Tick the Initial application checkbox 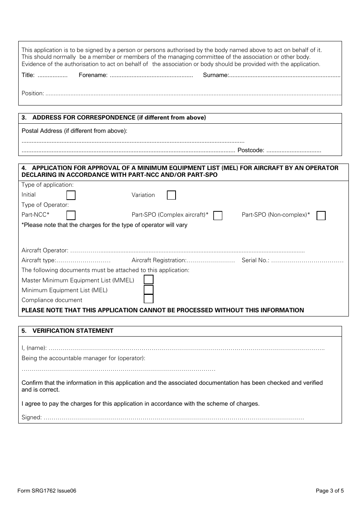(71, 195)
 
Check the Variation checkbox (171, 195)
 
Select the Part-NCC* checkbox (71, 216)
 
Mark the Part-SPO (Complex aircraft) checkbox (218, 216)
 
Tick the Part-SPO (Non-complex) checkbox (321, 216)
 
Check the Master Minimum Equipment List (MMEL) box (149, 280)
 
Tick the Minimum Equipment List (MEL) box (149, 290)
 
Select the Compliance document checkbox (149, 299)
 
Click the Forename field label (93, 75)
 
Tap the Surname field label (216, 75)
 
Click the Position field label (33, 93)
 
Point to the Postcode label (250, 150)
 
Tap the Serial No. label (255, 260)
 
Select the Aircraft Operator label (45, 250)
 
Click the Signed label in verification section (32, 417)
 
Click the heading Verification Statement (73, 331)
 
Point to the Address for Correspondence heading (119, 118)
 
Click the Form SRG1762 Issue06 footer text (47, 491)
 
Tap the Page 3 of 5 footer (329, 491)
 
